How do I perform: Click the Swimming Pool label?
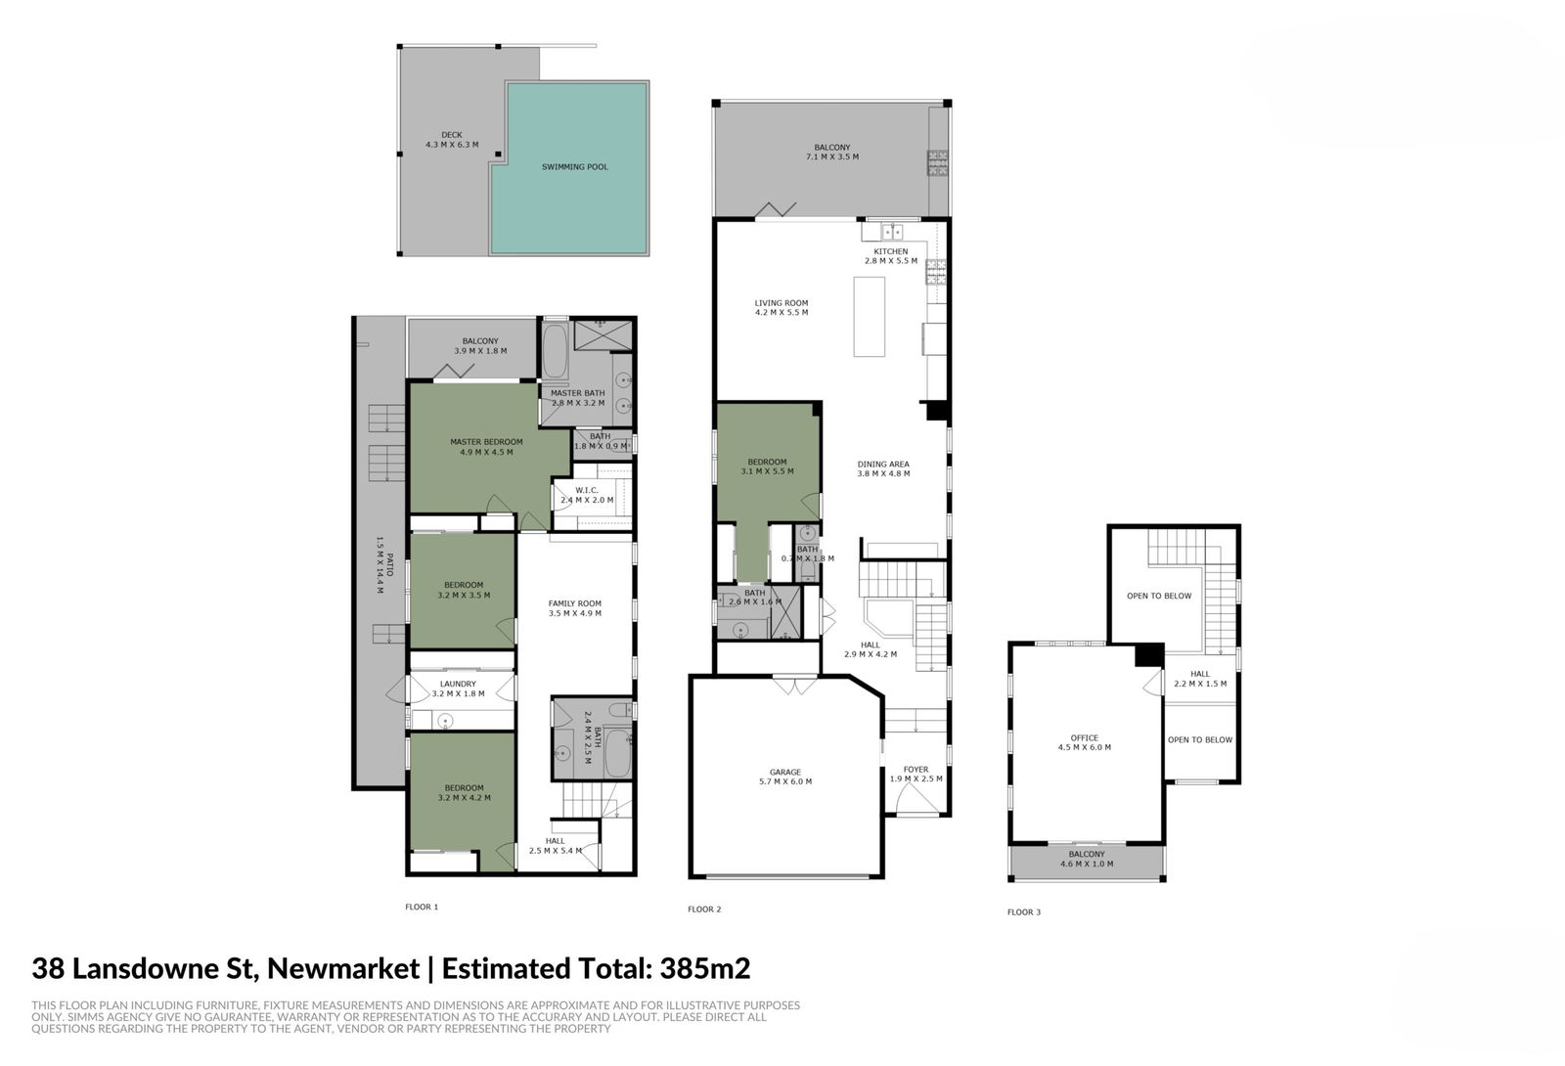[575, 167]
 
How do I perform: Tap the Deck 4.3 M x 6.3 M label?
[451, 140]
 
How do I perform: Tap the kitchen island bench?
[870, 317]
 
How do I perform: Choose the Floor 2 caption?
[704, 910]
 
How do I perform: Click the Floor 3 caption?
[1024, 912]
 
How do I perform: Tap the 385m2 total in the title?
[705, 969]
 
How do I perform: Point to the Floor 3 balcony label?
[1087, 859]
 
